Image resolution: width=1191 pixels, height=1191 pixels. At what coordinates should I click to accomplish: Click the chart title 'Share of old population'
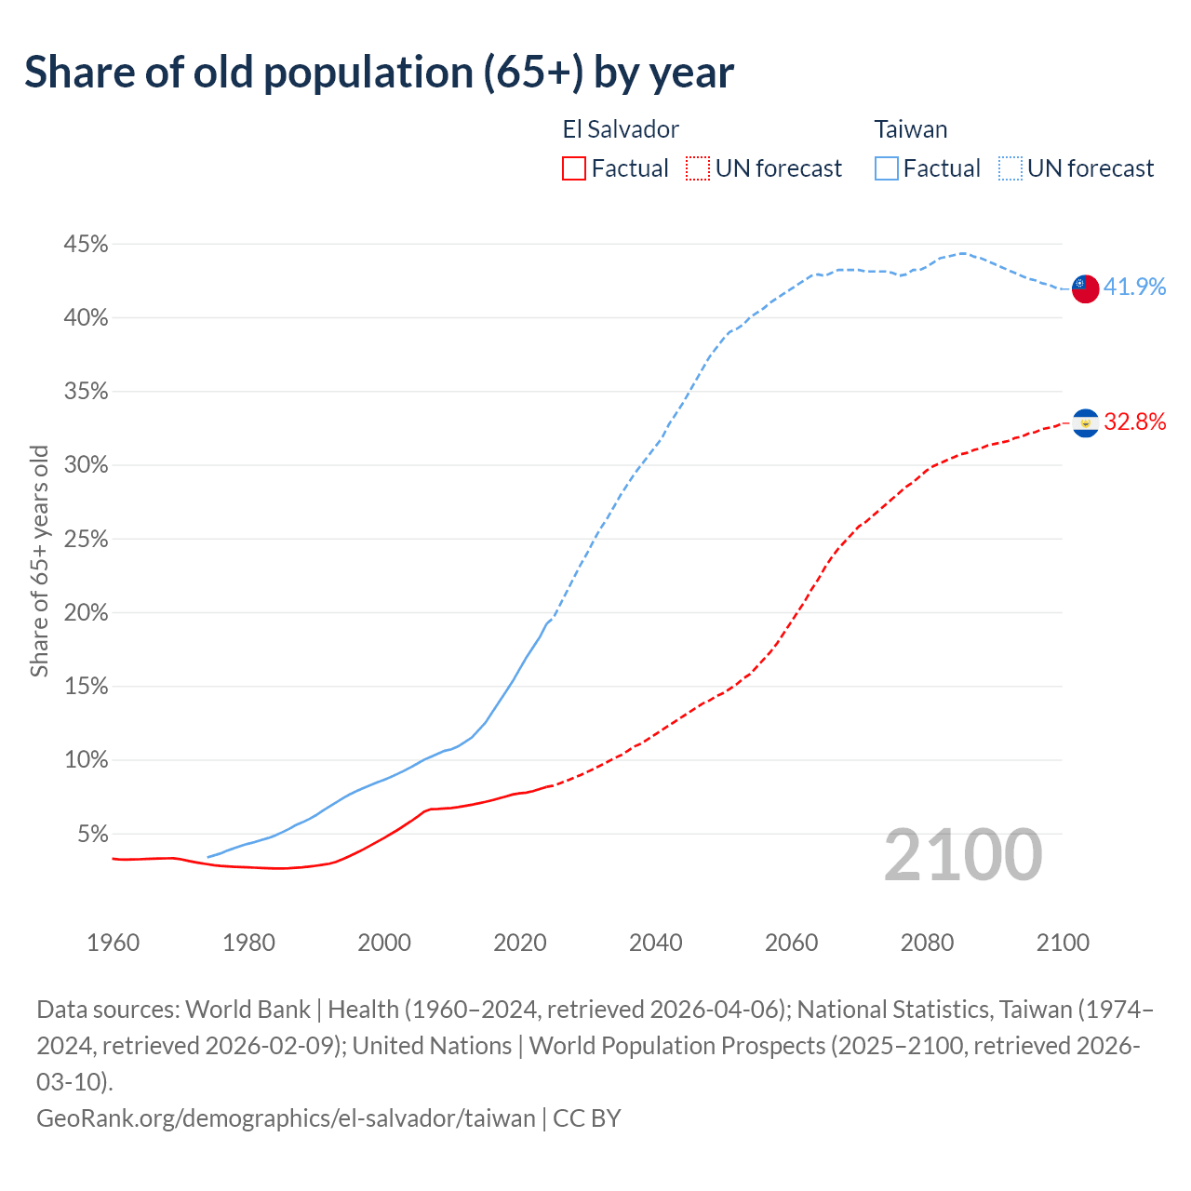pos(379,73)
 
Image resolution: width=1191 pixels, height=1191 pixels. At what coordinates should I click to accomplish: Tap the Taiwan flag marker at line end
pos(1085,288)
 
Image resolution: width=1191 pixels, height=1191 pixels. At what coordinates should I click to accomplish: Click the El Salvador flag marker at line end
pos(1085,423)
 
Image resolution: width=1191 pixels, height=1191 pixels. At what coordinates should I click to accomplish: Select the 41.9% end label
pos(1134,287)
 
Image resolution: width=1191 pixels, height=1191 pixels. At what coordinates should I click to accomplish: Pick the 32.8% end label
pos(1134,422)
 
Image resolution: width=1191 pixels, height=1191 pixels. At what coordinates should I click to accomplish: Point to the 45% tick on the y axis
pos(86,245)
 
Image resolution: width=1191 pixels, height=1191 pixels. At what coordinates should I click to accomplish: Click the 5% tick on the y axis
pos(91,834)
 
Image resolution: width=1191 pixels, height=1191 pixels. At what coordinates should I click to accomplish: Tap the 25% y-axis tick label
pos(86,540)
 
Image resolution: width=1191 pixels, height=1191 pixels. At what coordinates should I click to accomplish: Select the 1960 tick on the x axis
pos(114,943)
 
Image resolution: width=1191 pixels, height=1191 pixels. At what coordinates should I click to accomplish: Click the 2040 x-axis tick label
pos(656,943)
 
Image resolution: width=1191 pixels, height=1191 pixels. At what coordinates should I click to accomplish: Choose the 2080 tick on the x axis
pos(927,943)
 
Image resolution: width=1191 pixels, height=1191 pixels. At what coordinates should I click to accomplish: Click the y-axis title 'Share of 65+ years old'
pos(39,561)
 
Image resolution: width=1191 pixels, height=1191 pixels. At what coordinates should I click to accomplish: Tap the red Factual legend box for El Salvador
pos(574,168)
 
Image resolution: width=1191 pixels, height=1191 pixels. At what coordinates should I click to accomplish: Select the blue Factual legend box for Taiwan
pos(887,168)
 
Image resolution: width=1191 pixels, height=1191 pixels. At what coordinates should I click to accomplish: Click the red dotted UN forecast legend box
pos(698,168)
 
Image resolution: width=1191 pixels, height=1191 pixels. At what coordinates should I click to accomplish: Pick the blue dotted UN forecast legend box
pos(1010,168)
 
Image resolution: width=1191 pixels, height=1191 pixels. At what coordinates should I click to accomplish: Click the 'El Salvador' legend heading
pos(621,129)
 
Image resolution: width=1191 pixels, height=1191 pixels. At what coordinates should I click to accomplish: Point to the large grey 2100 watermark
pos(962,855)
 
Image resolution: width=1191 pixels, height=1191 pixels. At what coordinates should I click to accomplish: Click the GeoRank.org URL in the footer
pos(286,1117)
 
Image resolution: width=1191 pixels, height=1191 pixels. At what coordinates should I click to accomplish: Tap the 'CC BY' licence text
pos(587,1117)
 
